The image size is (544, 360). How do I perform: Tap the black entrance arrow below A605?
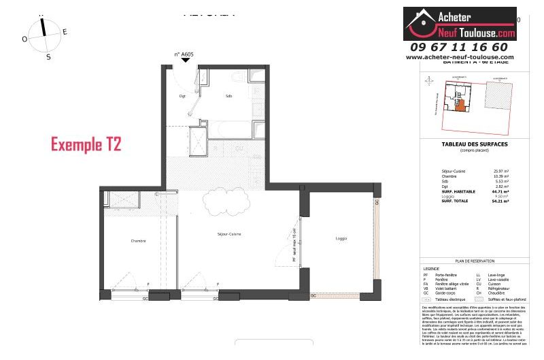coord(186,61)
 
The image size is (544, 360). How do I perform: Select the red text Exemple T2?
coord(86,144)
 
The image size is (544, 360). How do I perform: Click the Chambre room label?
coord(139,241)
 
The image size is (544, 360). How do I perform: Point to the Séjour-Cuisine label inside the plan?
coord(230,234)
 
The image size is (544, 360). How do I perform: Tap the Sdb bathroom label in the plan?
coord(228,96)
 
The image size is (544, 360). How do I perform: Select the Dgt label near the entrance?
coord(182,96)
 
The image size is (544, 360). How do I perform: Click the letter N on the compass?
coord(42,14)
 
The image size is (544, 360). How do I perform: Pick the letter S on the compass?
coord(48,57)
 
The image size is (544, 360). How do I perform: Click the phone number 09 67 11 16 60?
coord(459,47)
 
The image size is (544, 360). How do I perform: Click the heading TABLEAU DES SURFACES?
coord(465,144)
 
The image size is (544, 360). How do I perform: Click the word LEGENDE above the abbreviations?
coord(431,268)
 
